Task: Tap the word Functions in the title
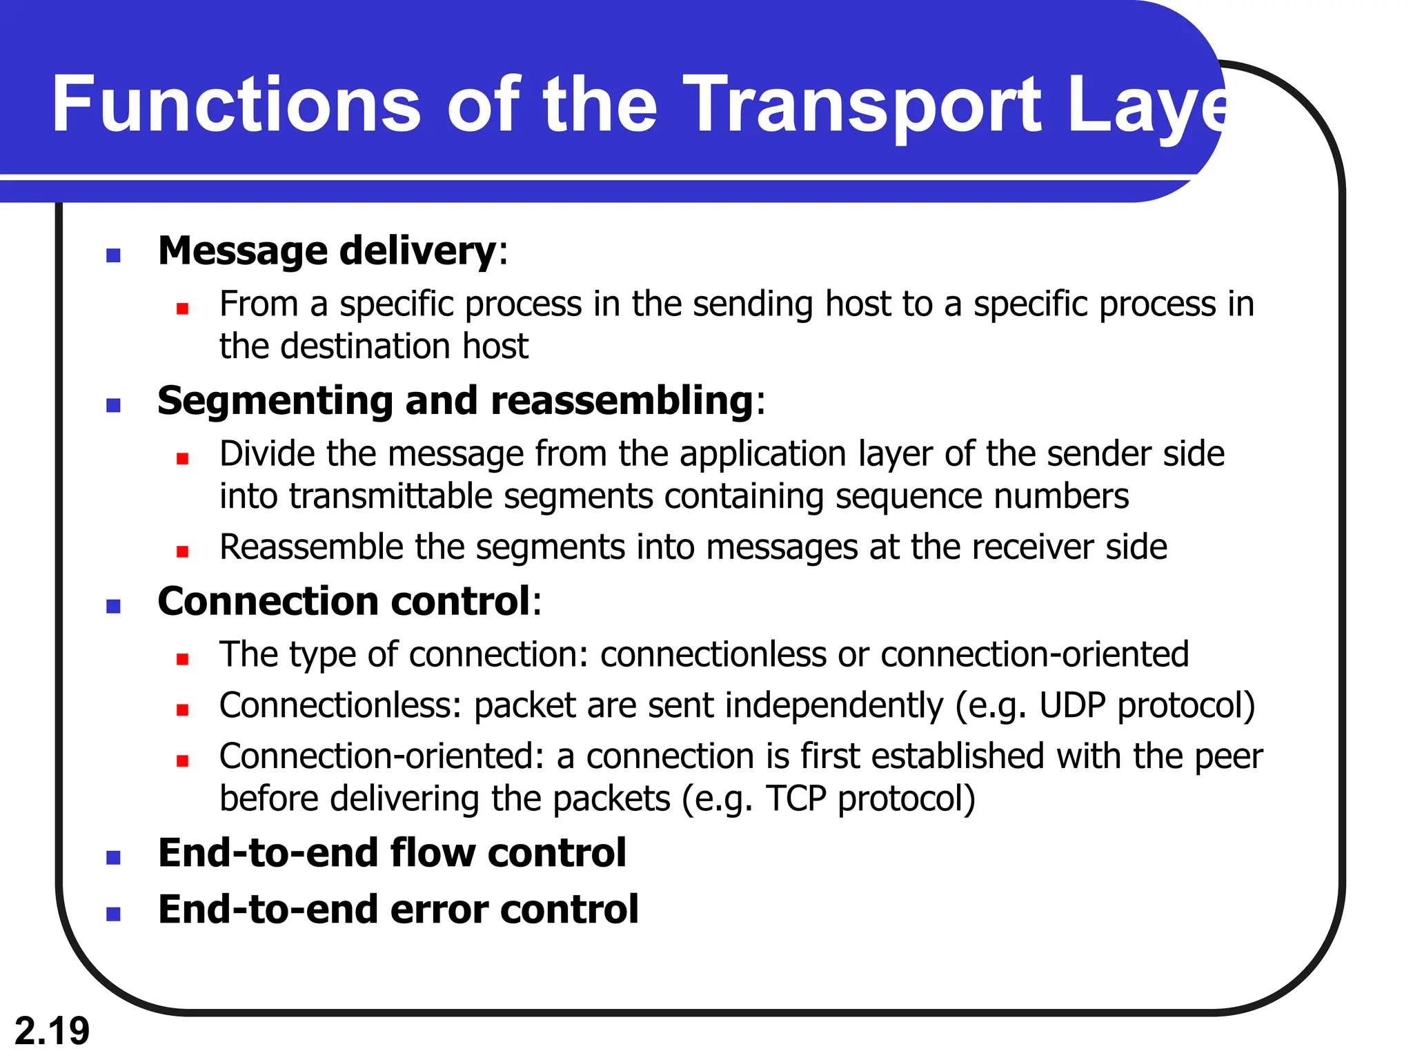coord(235,105)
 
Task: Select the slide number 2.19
coord(52,1031)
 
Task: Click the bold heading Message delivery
coord(327,251)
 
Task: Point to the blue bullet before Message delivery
coord(114,255)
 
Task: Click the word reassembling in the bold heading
coord(622,400)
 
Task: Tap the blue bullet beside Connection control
coord(114,607)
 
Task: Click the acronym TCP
coord(796,798)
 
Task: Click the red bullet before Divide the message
coord(182,458)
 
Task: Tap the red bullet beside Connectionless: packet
coord(182,709)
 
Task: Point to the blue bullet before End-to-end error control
coord(114,914)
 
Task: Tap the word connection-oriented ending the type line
coord(1034,654)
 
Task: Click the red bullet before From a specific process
coord(182,308)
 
